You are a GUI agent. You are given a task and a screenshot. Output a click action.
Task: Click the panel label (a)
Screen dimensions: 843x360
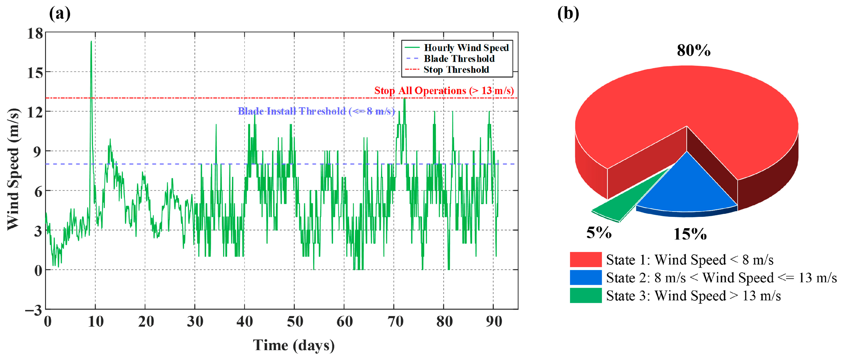(x=60, y=14)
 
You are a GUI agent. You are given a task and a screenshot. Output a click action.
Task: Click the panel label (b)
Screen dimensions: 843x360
(x=568, y=14)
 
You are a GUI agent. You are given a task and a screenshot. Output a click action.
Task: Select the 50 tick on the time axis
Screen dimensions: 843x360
(x=295, y=322)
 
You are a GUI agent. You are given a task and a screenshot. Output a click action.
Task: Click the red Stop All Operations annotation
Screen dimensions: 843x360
(x=444, y=91)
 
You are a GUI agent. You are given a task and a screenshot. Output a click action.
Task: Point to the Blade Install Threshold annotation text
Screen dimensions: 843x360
(x=316, y=111)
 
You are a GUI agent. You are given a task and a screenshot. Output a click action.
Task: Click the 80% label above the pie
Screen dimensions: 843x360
(x=694, y=51)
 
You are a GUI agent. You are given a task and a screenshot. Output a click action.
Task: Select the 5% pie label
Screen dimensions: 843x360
(x=599, y=233)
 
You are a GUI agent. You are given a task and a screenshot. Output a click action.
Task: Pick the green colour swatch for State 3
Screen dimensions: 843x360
(x=586, y=295)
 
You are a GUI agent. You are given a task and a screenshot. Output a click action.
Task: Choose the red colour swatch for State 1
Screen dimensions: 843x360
(x=586, y=259)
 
